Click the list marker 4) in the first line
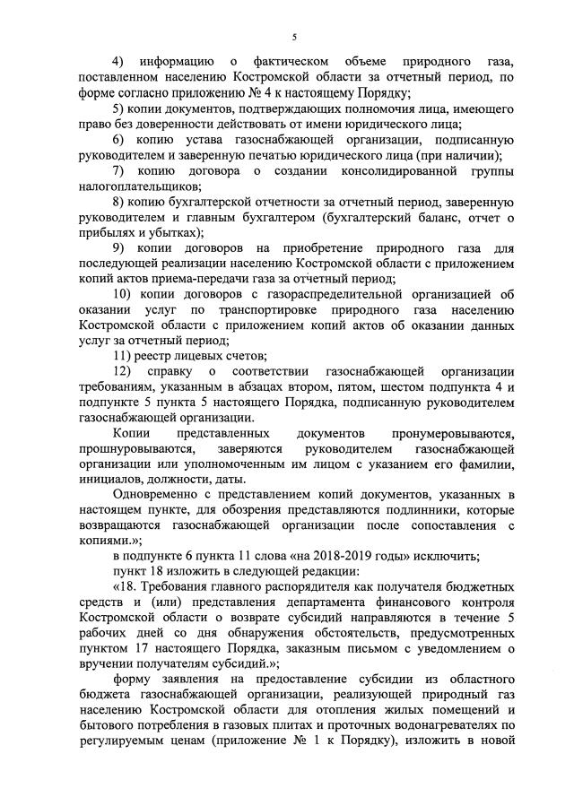(117, 62)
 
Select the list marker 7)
(117, 171)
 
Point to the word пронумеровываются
(457, 434)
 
